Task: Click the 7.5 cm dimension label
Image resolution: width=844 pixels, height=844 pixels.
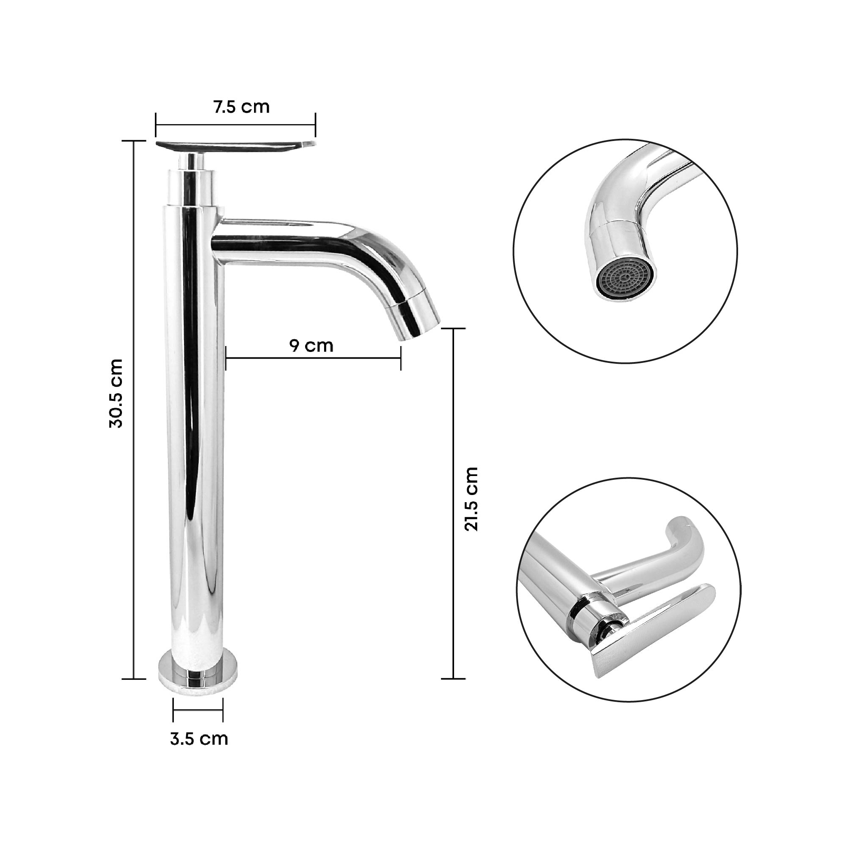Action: [x=241, y=107]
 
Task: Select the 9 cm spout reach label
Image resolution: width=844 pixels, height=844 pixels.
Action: [x=311, y=346]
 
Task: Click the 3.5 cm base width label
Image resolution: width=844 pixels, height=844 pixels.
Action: [x=199, y=739]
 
